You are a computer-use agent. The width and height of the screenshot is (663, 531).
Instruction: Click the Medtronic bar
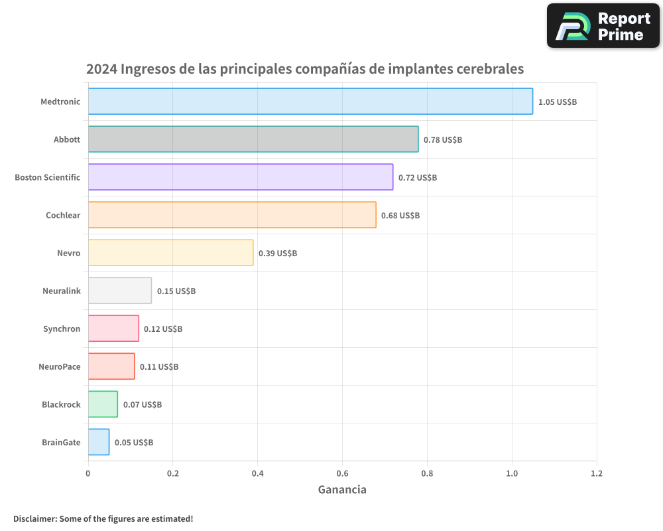pyautogui.click(x=310, y=102)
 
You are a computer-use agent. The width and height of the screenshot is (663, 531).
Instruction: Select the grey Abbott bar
pyautogui.click(x=253, y=139)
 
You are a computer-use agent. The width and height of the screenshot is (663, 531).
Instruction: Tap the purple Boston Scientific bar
pyautogui.click(x=241, y=177)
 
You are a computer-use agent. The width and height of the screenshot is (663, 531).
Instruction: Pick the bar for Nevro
pyautogui.click(x=170, y=253)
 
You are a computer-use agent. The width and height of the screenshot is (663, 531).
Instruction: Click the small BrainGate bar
pyautogui.click(x=99, y=442)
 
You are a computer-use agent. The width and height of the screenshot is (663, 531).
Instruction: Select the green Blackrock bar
pyautogui.click(x=103, y=404)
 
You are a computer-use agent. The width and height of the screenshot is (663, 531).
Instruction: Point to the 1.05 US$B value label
pyautogui.click(x=557, y=102)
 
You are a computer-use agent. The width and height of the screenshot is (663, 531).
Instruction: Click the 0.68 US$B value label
pyautogui.click(x=400, y=216)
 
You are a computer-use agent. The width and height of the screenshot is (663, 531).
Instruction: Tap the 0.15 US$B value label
pyautogui.click(x=176, y=291)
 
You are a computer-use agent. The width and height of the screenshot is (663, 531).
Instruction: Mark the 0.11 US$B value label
pyautogui.click(x=158, y=367)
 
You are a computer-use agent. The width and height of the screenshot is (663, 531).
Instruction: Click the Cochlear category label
pyautogui.click(x=63, y=215)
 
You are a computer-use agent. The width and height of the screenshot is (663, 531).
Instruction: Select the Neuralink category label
pyautogui.click(x=61, y=291)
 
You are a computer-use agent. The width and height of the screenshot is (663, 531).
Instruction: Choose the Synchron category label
pyautogui.click(x=62, y=329)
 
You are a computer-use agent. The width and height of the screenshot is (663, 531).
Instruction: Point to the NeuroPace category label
pyautogui.click(x=60, y=366)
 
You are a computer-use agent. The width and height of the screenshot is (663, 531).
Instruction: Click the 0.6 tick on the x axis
pyautogui.click(x=342, y=474)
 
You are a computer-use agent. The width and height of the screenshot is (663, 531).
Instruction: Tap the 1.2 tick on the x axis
pyautogui.click(x=596, y=474)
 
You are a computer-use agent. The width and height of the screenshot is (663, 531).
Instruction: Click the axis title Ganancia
pyautogui.click(x=342, y=490)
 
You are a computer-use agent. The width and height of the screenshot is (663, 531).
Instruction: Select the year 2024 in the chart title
pyautogui.click(x=101, y=69)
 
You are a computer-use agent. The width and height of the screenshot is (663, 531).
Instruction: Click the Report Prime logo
pyautogui.click(x=603, y=26)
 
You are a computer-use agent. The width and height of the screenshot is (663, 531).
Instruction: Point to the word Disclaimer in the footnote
pyautogui.click(x=34, y=518)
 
